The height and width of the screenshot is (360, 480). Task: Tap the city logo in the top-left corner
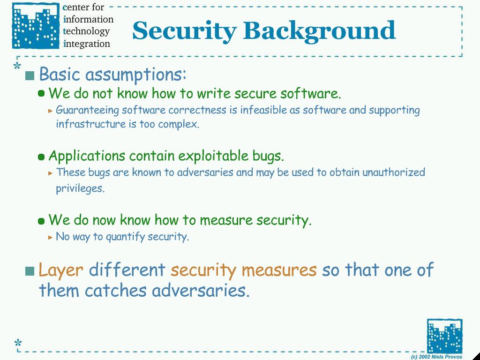(36, 25)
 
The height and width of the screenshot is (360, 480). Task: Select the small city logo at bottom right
(444, 336)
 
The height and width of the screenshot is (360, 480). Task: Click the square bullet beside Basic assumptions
(30, 75)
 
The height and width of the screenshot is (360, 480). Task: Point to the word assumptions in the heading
(135, 75)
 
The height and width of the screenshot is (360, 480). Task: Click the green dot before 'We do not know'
(41, 93)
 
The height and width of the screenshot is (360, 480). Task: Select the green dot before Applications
(41, 157)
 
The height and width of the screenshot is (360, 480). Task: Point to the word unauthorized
(394, 172)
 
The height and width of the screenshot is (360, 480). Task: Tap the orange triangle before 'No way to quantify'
(51, 237)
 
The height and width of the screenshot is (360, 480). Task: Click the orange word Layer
(60, 270)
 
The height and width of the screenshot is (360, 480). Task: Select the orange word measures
(279, 270)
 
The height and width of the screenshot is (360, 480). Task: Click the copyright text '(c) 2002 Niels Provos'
(436, 357)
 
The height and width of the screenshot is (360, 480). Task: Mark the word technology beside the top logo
(86, 31)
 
